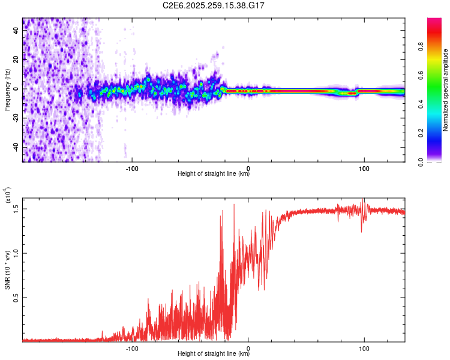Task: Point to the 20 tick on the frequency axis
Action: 16,59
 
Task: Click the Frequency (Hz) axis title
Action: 7,90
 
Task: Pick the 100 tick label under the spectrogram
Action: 364,168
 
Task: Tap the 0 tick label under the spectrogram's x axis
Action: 248,168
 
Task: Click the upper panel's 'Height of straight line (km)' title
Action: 214,175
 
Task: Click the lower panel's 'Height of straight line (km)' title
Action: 214,353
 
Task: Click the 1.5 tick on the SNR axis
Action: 16,208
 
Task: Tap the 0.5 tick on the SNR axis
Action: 16,298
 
